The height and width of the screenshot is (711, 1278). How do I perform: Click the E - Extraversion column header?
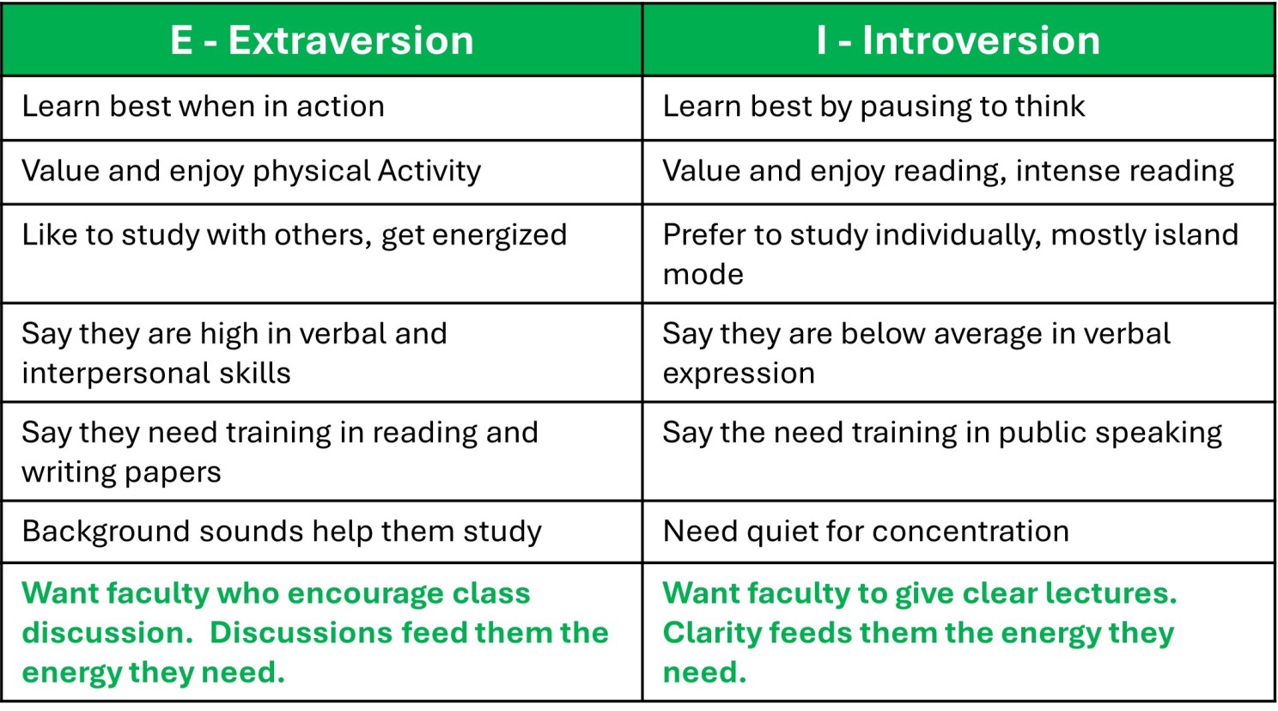(322, 40)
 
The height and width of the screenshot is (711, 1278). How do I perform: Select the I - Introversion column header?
(958, 40)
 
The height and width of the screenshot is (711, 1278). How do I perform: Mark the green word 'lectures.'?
(1111, 593)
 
